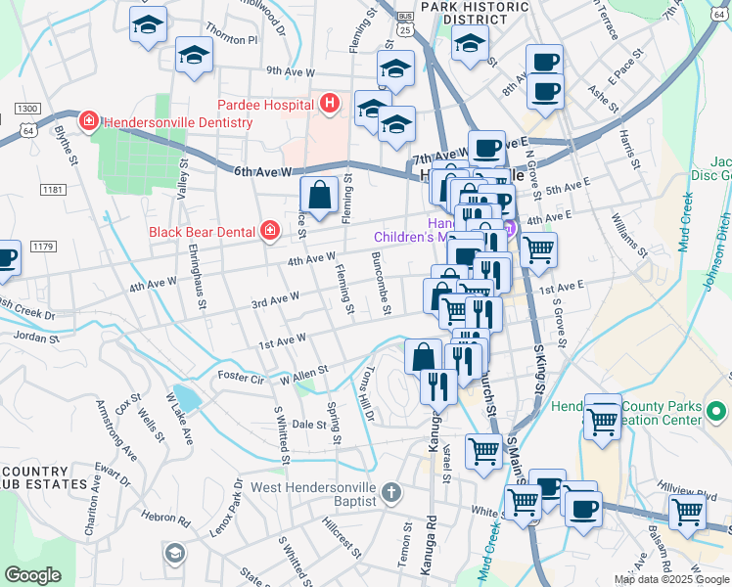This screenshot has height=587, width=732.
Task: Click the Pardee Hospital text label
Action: point(265,104)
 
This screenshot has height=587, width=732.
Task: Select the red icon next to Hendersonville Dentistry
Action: point(88,122)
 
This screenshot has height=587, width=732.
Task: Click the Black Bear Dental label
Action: point(202,232)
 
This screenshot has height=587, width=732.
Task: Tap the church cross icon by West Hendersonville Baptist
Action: point(390,492)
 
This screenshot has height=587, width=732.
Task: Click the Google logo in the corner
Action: point(32,574)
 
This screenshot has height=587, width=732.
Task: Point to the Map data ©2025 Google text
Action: point(671,579)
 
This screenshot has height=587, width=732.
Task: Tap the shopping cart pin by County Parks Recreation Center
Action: point(602,420)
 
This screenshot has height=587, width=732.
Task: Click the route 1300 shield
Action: point(26,108)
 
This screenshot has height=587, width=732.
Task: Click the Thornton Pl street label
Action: point(232,40)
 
